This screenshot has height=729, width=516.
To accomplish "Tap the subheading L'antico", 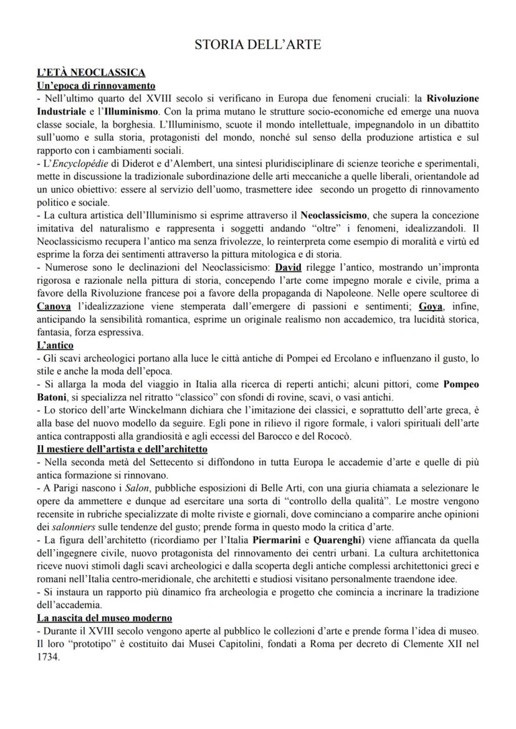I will tap(55, 345).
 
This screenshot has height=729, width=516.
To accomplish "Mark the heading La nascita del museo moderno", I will tap(104, 618).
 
